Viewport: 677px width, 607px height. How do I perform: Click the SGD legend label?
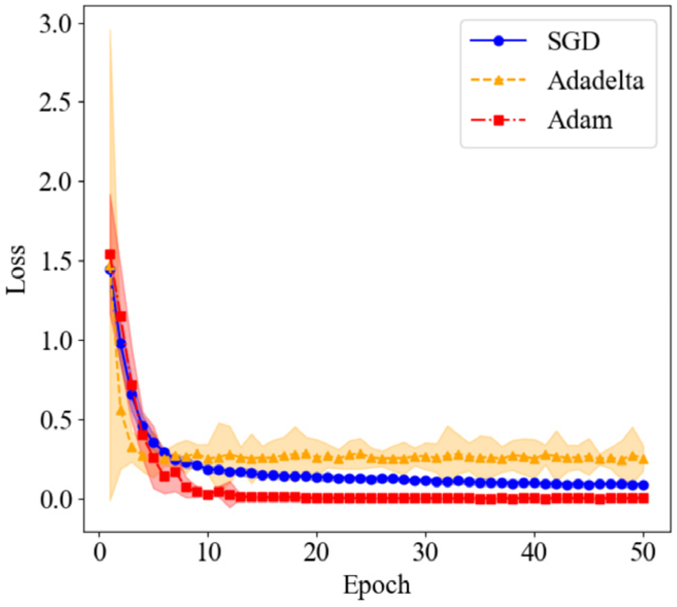coord(574,42)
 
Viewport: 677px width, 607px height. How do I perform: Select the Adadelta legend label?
coord(595,81)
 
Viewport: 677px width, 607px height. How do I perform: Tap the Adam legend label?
coord(580,120)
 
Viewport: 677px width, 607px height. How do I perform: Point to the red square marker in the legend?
coord(498,121)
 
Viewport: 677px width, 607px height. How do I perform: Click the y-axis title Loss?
coord(16,276)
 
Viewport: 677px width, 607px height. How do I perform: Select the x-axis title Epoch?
coord(377,585)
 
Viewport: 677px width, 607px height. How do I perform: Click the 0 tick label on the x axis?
coord(99,555)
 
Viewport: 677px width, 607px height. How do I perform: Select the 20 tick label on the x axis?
coord(317,555)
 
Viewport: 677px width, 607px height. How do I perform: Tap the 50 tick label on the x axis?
coord(643,555)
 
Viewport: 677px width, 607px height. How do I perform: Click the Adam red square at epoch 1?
coord(110,254)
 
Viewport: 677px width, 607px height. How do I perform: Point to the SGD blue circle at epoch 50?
coord(644,485)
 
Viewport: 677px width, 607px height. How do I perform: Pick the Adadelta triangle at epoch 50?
coord(644,459)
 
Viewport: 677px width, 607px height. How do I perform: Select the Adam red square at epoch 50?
coord(644,498)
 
